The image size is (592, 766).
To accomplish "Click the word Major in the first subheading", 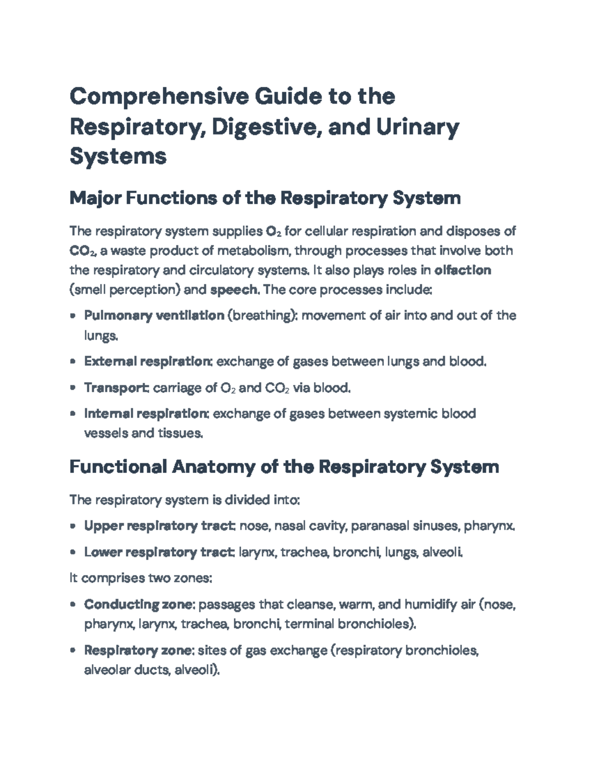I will [x=95, y=198].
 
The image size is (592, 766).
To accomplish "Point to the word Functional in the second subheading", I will [x=117, y=467].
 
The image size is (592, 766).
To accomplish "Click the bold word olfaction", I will [x=462, y=270].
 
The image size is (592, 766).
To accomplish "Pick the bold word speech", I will [x=234, y=290].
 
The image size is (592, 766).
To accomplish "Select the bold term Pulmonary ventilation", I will [x=154, y=316].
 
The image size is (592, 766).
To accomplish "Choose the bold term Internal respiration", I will [x=146, y=413].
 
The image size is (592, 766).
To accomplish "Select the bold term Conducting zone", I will [x=139, y=604].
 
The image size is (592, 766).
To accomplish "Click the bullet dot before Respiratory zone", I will [x=74, y=651].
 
